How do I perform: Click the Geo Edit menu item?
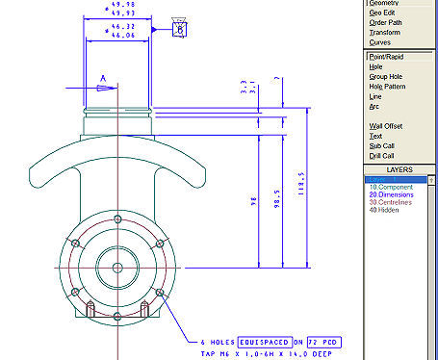coord(382,13)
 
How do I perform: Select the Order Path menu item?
coord(386,23)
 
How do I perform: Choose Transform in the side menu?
coord(384,33)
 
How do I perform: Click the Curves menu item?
coord(380,43)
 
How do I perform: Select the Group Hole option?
coord(387,77)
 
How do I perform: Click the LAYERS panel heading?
coord(399,168)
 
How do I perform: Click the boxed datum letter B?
coord(180,29)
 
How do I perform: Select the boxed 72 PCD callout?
coord(323,342)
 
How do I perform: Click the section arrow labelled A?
coord(103,87)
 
